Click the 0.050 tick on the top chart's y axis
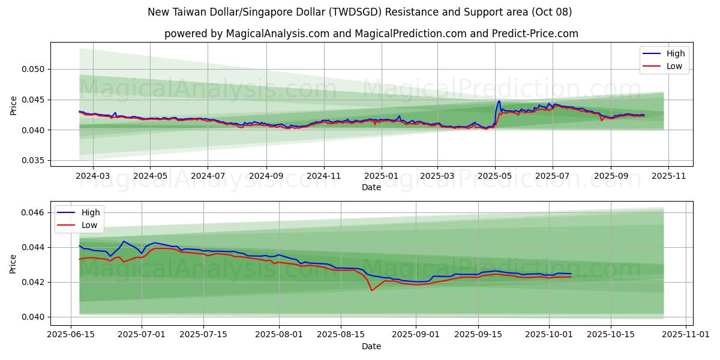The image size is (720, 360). pos(32,69)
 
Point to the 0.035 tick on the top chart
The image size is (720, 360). pos(32,160)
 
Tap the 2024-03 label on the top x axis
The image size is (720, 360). pos(92,176)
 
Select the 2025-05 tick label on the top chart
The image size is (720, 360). pos(495,176)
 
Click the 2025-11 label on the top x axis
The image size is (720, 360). pos(668,176)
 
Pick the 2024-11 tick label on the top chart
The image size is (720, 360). pos(324,176)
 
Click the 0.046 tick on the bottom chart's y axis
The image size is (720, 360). pos(32,212)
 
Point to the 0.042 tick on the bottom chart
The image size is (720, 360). pos(32,282)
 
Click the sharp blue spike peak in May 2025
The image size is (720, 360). pos(499,101)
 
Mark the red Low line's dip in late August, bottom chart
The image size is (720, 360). pos(371,290)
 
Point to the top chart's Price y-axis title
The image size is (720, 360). pos(14,106)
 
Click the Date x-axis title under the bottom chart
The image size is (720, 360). pos(371,346)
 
